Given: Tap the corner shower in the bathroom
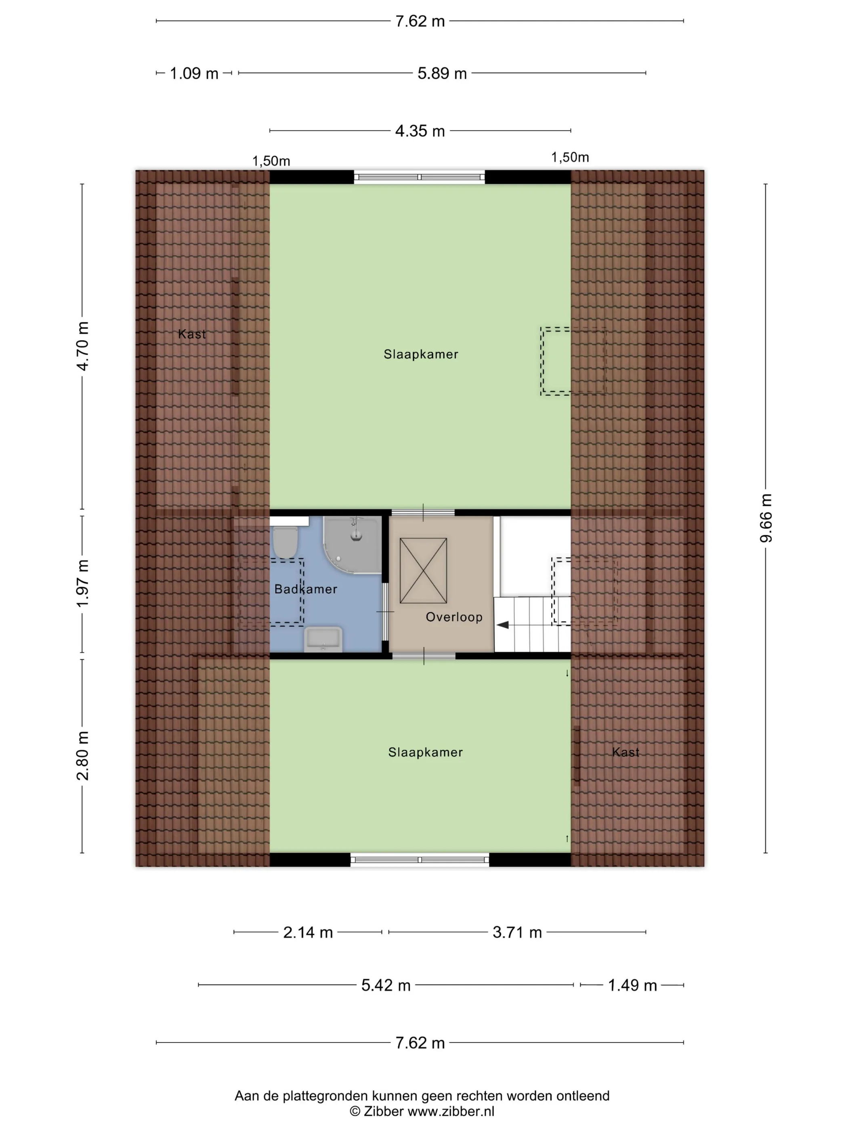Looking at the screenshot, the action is (x=352, y=545).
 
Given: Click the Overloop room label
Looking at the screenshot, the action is (x=454, y=617).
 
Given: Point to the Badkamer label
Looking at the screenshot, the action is (x=306, y=589).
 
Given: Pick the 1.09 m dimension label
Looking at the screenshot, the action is (x=194, y=74).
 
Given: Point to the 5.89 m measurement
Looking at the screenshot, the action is (x=442, y=74).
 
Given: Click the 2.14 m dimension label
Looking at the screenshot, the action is (x=308, y=932).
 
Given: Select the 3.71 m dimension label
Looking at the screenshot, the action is (x=517, y=932).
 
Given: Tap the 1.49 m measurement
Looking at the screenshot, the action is (x=632, y=985).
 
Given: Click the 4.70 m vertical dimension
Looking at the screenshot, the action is (x=82, y=346).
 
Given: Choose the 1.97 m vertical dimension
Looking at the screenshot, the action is (x=82, y=584).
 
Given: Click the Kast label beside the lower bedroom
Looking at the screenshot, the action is (x=626, y=752).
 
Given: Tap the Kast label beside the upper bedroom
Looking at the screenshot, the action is (x=192, y=334).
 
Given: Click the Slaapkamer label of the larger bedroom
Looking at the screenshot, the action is (x=421, y=354).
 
